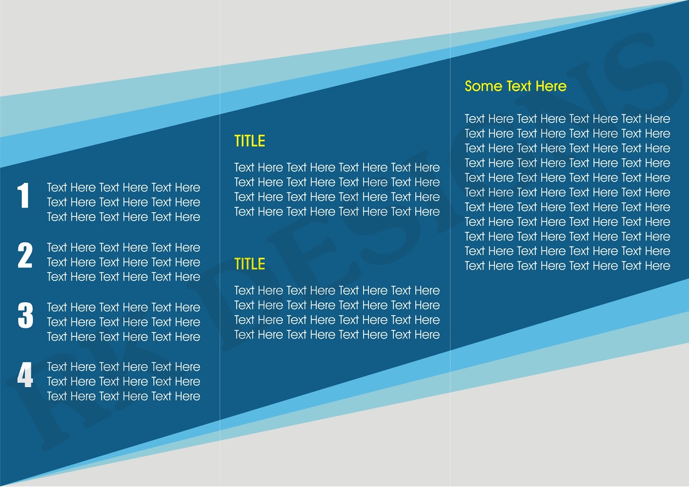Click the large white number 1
[x=24, y=196]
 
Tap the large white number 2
[x=25, y=255]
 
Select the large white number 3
[x=25, y=315]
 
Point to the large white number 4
[x=25, y=375]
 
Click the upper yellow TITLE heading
[x=250, y=141]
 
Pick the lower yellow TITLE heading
[x=250, y=264]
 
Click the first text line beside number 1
[x=124, y=188]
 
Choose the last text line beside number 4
[x=124, y=396]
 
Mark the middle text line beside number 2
[x=124, y=262]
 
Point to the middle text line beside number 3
[x=124, y=322]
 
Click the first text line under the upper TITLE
[x=337, y=167]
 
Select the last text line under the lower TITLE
[x=337, y=335]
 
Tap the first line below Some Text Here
[x=567, y=119]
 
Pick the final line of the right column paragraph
[x=567, y=266]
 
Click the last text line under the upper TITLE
[x=337, y=212]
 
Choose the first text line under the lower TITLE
[x=337, y=290]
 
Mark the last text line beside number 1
[x=124, y=217]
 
